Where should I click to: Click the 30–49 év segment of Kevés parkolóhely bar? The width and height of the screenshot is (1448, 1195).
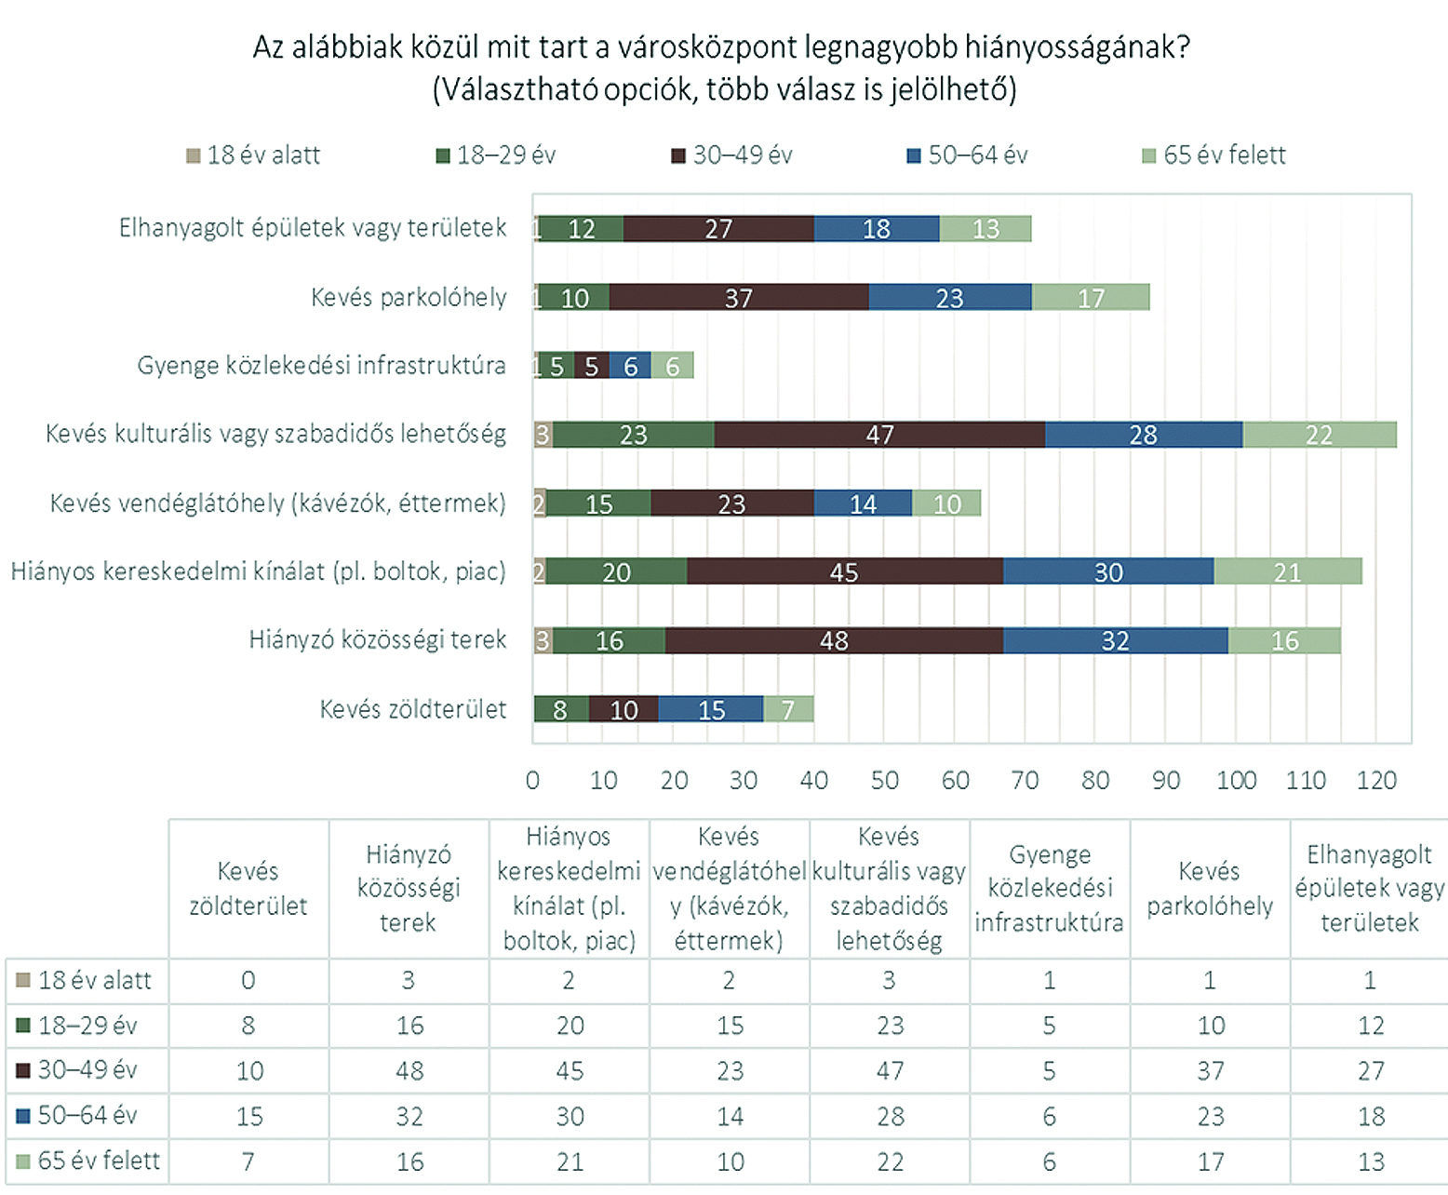tap(739, 298)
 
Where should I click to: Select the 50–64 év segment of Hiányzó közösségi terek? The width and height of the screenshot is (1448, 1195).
tap(1115, 640)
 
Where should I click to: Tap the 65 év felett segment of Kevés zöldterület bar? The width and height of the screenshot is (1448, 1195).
tap(788, 709)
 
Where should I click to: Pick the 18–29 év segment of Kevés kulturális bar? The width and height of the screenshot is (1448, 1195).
tap(634, 435)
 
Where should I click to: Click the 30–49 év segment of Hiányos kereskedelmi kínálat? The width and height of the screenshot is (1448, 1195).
tap(844, 571)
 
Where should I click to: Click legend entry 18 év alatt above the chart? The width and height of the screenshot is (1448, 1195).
tap(254, 155)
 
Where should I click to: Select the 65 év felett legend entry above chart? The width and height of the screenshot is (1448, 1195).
tap(1214, 155)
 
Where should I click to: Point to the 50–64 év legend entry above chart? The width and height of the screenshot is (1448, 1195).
tap(968, 155)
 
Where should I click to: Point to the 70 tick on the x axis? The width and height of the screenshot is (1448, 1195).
tap(1025, 780)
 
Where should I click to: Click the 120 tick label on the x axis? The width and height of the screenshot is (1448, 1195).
tap(1376, 780)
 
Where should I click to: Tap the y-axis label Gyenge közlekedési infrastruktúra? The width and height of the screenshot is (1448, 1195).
tap(322, 365)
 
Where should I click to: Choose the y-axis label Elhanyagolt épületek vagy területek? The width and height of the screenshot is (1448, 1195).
tap(313, 228)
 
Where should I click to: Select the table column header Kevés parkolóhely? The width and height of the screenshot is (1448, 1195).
tap(1210, 889)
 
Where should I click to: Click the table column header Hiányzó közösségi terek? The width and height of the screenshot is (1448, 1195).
tap(409, 889)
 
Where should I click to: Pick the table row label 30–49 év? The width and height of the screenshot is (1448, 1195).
tap(87, 1070)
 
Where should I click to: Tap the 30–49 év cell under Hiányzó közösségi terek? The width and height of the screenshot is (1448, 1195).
tap(409, 1070)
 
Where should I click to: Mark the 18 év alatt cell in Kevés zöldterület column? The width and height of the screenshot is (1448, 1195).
tap(248, 980)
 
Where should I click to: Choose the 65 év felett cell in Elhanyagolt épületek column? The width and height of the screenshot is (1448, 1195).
tap(1371, 1161)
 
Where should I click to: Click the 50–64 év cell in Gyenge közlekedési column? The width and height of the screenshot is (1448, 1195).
tap(1050, 1116)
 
